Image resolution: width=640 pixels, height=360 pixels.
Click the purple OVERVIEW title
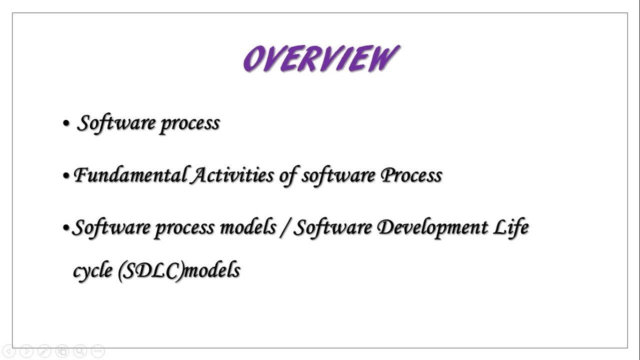tap(320, 59)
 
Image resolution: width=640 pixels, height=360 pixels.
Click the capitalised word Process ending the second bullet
tap(411, 175)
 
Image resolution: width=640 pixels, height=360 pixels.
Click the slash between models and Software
tap(284, 228)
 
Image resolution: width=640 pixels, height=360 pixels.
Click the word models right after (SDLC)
tap(212, 270)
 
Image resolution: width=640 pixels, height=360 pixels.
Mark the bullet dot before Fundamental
tap(66, 176)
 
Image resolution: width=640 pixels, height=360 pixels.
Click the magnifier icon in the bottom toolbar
tap(79, 351)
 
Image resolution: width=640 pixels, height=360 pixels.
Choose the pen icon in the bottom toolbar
tap(44, 351)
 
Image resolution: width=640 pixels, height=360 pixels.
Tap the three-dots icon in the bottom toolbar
tap(98, 351)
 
